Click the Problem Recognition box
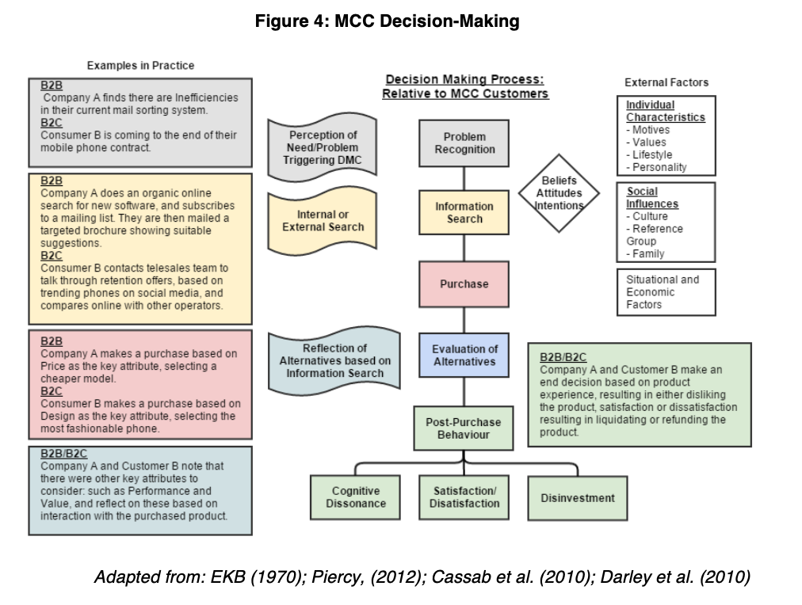pyautogui.click(x=464, y=143)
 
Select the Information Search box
pyautogui.click(x=464, y=212)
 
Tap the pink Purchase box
pyautogui.click(x=464, y=283)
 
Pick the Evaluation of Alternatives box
pyautogui.click(x=464, y=356)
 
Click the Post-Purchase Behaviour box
pyautogui.click(x=464, y=428)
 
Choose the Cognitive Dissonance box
pyautogui.click(x=356, y=497)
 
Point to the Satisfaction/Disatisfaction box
pyautogui.click(x=464, y=497)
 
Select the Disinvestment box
pyautogui.click(x=578, y=497)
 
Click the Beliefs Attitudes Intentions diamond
pyautogui.click(x=559, y=193)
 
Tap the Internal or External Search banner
pyautogui.click(x=323, y=221)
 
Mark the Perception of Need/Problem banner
pyautogui.click(x=323, y=147)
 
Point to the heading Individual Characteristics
pyautogui.click(x=665, y=111)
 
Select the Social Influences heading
pyautogui.click(x=652, y=198)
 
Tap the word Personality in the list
pyautogui.click(x=659, y=167)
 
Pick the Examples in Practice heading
pyautogui.click(x=140, y=65)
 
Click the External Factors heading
pyautogui.click(x=666, y=82)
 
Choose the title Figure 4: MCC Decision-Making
pyautogui.click(x=388, y=21)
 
